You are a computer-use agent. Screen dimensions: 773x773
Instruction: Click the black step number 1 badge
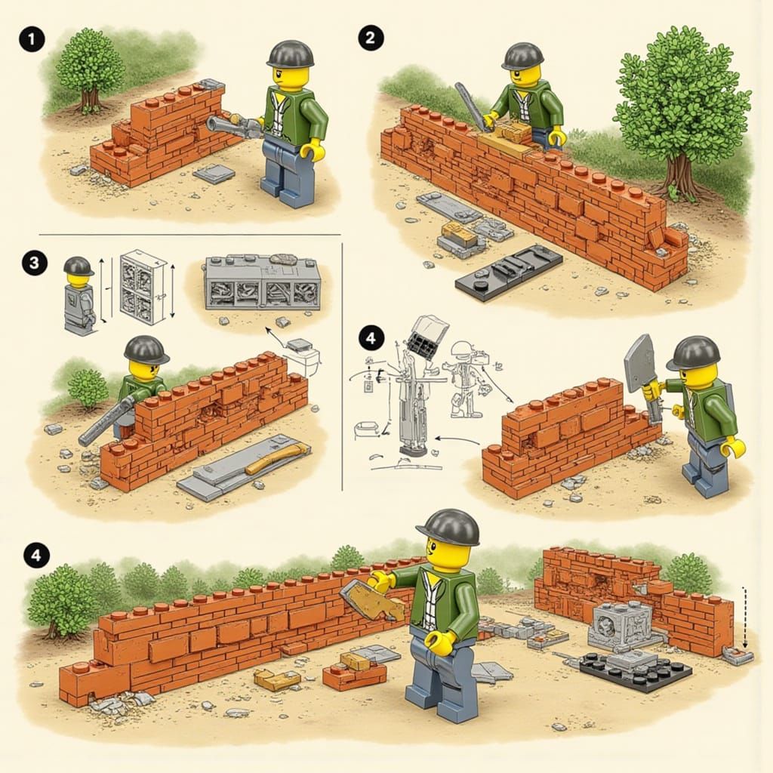pos(32,39)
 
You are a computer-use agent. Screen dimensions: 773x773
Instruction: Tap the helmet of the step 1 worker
pos(290,54)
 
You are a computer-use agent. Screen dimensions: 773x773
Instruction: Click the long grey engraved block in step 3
pos(262,284)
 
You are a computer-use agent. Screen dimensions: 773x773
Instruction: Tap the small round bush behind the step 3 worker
pos(88,387)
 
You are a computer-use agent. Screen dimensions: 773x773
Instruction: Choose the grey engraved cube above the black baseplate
pos(620,624)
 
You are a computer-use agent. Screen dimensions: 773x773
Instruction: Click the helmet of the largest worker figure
pos(448,527)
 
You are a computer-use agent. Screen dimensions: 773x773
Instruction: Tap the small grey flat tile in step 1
pos(214,174)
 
